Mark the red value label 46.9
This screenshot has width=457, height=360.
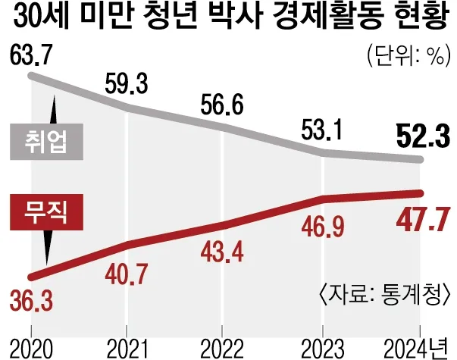(318, 227)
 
